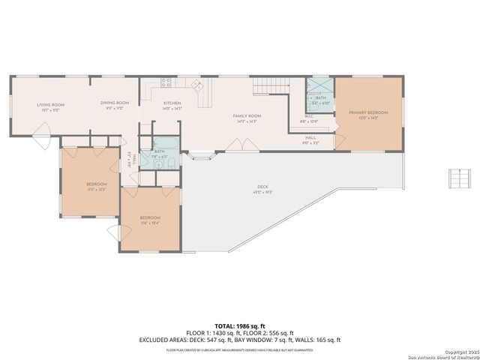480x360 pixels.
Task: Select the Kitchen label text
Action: (172, 105)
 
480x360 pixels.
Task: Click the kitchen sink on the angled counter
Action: (199, 85)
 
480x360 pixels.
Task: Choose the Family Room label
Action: (247, 117)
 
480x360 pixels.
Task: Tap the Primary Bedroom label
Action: (368, 115)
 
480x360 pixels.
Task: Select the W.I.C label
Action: (309, 118)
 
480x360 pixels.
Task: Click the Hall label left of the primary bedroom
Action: (310, 139)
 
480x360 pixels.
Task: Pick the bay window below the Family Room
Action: (200, 157)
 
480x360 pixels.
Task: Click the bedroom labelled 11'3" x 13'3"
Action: (96, 186)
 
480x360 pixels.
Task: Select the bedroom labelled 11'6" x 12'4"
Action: (150, 220)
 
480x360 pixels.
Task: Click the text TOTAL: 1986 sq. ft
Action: (239, 325)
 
